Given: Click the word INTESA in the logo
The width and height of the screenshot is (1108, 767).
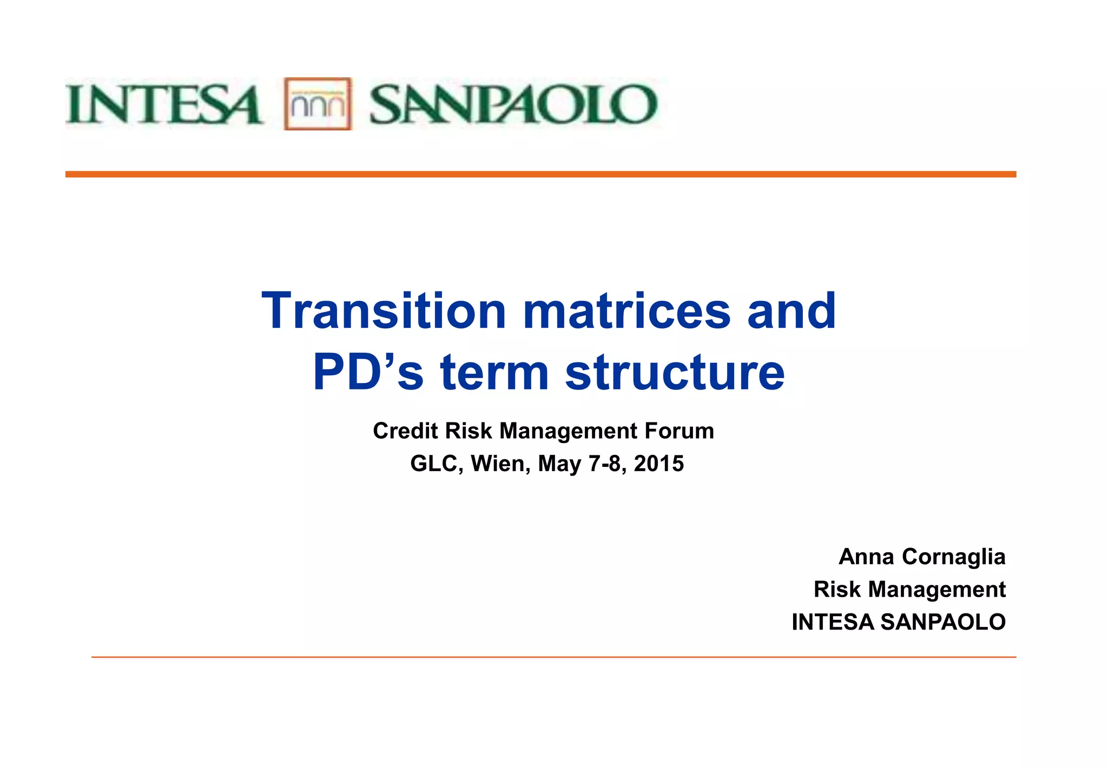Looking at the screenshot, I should click(x=164, y=104).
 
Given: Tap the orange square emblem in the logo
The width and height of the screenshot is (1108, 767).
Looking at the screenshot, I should click(x=318, y=104).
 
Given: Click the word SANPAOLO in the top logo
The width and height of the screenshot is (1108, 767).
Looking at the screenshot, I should click(x=513, y=104).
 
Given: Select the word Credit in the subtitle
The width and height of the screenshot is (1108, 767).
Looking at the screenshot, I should click(x=405, y=431).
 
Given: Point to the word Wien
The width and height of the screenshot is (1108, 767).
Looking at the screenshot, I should click(x=500, y=464).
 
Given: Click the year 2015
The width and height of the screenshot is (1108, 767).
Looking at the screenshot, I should click(x=658, y=464).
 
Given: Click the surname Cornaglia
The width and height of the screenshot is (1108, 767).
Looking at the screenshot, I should click(x=953, y=557).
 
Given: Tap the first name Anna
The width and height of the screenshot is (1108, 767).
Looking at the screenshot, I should click(x=866, y=557).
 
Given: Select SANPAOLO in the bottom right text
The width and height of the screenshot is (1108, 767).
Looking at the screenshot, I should click(x=943, y=622).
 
